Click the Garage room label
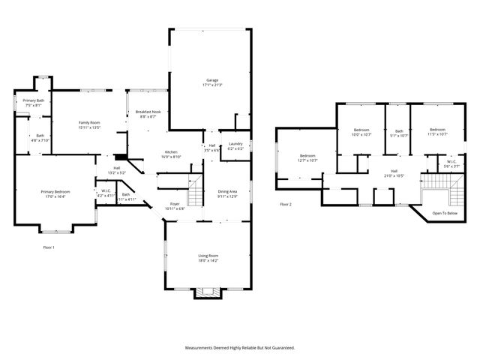point(211,82)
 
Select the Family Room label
point(90,124)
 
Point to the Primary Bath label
point(33,103)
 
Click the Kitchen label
point(172,154)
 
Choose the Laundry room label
point(235,145)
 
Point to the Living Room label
point(208,258)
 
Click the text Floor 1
point(49,247)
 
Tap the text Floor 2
point(286,204)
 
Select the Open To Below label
point(444,213)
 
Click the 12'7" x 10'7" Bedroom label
point(308,157)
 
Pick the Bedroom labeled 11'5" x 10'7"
point(437,132)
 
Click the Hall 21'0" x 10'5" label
point(394,172)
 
